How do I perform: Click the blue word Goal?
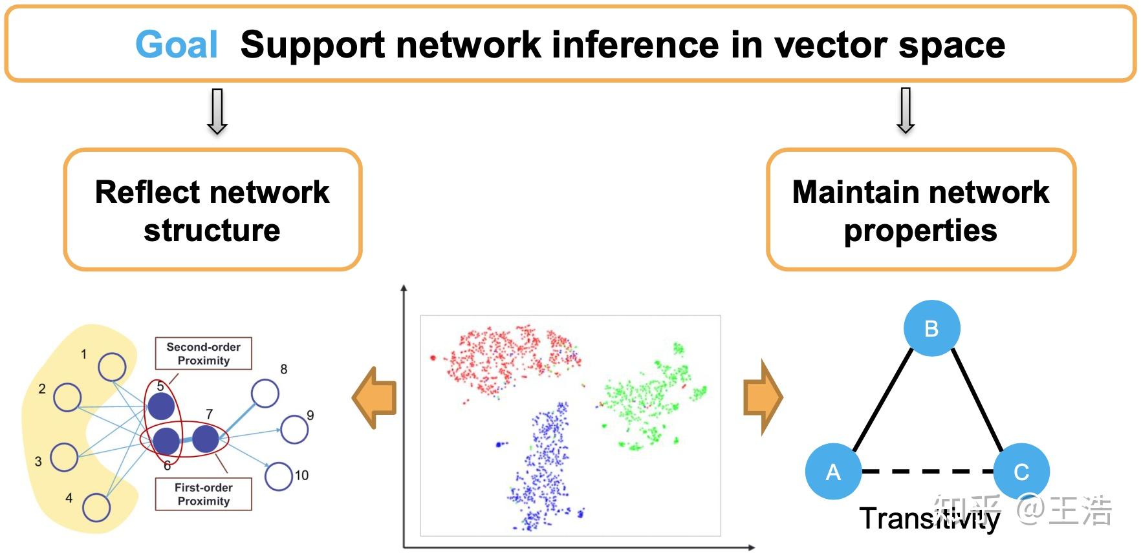coord(177,45)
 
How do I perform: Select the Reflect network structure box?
coord(212,209)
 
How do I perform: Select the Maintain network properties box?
coord(920,209)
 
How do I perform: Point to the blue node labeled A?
coord(833,471)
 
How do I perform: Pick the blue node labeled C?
coord(1021,471)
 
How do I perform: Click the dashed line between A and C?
coord(927,471)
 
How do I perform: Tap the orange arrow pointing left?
coord(375,397)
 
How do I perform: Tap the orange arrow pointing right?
coord(763,397)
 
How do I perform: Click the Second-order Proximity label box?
coord(203,353)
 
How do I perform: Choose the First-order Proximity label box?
coord(203,494)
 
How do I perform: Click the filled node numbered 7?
coord(206,439)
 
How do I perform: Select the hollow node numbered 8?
coord(265,393)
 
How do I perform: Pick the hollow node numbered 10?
coord(279,476)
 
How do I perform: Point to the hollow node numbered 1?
coord(112,367)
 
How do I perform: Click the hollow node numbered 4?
coord(96,507)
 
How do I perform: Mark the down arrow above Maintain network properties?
coord(906,110)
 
